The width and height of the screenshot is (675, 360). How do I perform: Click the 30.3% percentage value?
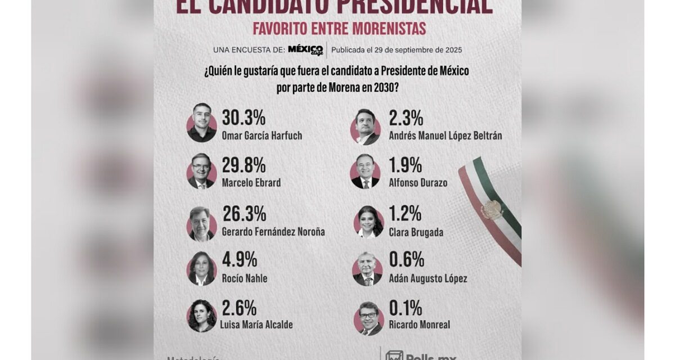pos(244,118)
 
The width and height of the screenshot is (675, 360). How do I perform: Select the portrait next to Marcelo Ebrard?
pos(201,172)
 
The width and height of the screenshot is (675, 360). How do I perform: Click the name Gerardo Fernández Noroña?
pos(273,232)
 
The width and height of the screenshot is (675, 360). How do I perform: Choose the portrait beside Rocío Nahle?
pos(201,268)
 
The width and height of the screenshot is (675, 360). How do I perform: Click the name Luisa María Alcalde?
pos(257,325)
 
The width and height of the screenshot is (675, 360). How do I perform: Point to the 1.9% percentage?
pos(405,165)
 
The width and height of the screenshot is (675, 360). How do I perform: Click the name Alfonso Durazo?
pos(418,183)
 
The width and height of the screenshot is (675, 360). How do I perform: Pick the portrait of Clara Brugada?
pos(368,222)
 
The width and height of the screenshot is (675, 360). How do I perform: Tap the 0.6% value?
pos(406,260)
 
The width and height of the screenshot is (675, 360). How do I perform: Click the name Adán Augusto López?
pos(427,278)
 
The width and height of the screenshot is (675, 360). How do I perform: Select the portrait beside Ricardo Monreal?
pos(368,318)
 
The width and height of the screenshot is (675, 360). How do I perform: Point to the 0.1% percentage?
pos(405,308)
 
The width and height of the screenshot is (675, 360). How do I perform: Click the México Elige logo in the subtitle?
pos(305,50)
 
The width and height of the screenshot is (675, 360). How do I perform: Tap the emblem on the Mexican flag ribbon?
pos(491,210)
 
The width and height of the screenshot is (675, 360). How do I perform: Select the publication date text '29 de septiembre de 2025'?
pos(415,50)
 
